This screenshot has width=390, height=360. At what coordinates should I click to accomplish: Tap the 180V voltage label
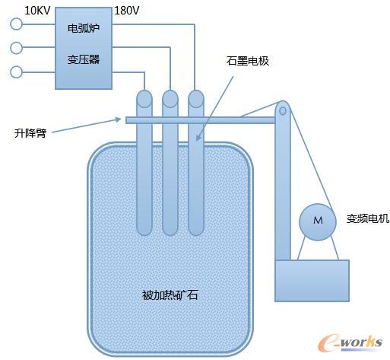click(126, 11)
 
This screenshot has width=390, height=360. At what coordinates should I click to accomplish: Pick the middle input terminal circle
click(17, 48)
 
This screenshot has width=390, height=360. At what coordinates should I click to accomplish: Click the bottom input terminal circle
click(17, 72)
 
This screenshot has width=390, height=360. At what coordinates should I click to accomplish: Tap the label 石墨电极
click(248, 61)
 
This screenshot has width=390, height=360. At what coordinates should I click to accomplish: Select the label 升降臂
click(30, 132)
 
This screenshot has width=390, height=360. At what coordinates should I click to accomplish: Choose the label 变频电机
click(367, 219)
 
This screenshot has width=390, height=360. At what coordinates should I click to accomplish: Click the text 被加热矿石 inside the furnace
click(170, 295)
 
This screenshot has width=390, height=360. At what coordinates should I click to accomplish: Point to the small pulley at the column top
click(283, 110)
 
